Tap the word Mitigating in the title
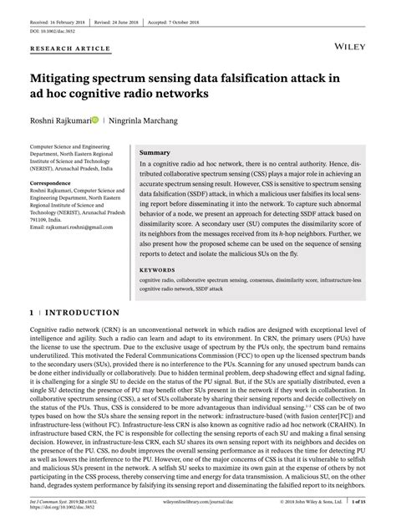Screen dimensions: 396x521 (69, 78)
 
